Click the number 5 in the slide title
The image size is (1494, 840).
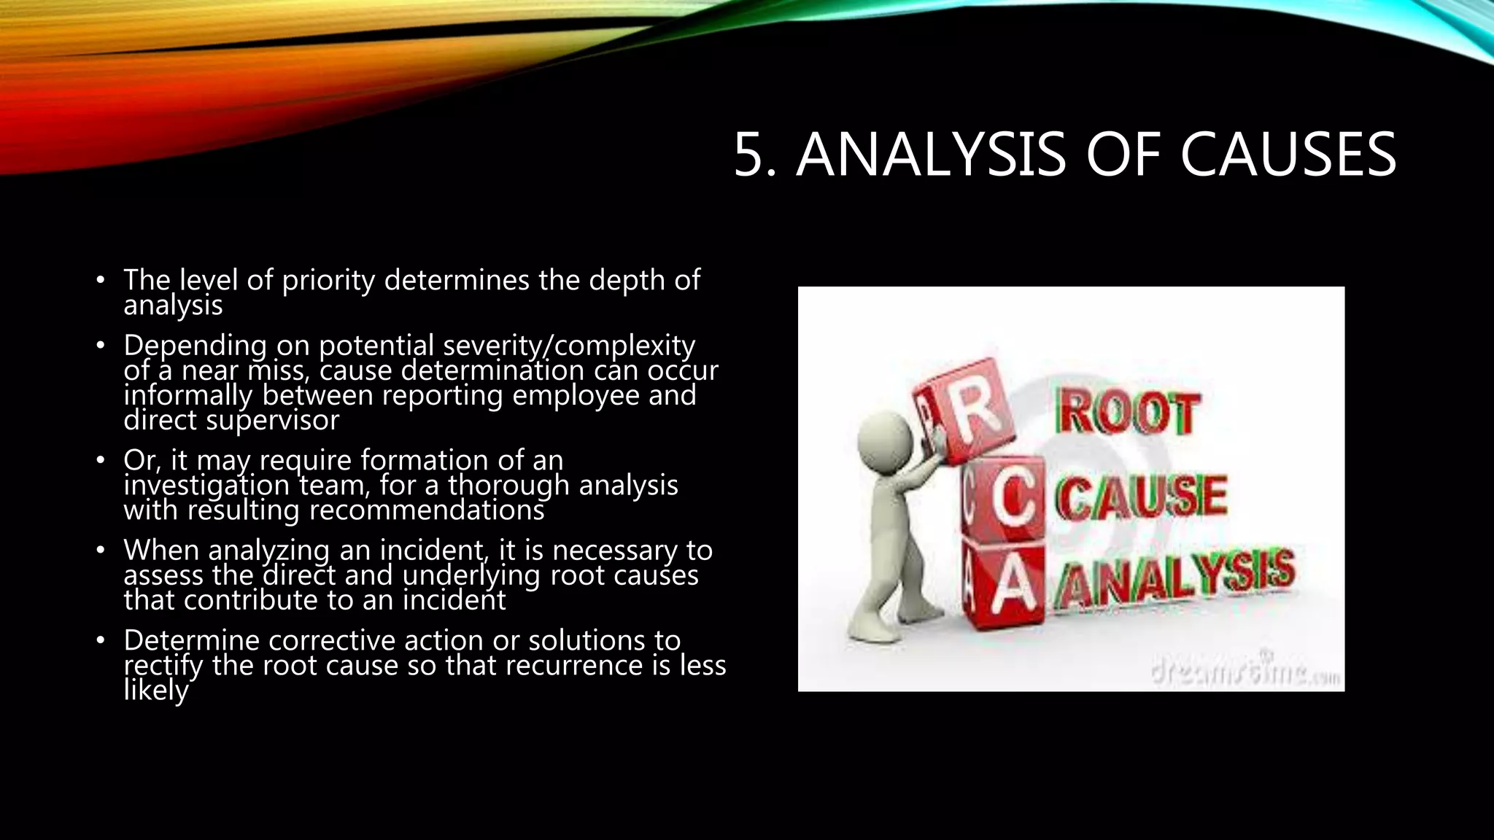(754, 155)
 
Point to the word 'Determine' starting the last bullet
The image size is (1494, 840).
(192, 640)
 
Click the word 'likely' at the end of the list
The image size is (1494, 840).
(155, 690)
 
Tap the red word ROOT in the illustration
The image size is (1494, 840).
(1126, 414)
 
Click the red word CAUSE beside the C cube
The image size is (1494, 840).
(1142, 497)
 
